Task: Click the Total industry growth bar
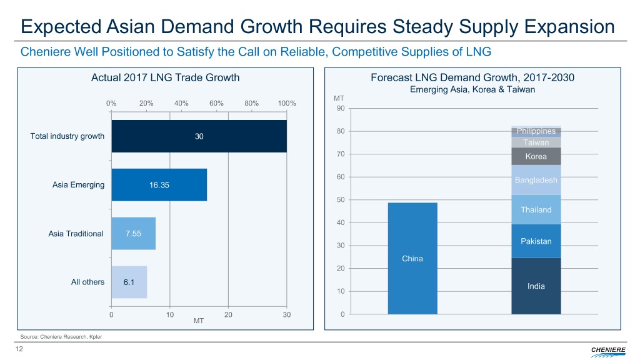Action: (x=199, y=136)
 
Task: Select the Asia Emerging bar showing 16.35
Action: (x=159, y=185)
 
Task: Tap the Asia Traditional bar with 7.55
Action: (x=133, y=234)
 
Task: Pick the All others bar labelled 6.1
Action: (x=129, y=282)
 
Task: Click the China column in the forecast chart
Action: (x=412, y=258)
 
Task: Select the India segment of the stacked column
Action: (x=536, y=286)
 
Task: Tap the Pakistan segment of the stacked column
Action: (x=536, y=241)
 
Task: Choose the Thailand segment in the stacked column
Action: (x=536, y=210)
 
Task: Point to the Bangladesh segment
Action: (x=536, y=180)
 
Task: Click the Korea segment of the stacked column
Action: (x=536, y=156)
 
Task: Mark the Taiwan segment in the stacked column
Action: (x=536, y=142)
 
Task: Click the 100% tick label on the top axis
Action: (x=286, y=104)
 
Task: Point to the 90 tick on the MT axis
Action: (x=340, y=109)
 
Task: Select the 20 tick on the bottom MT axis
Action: (x=228, y=314)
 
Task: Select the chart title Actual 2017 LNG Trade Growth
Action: (x=165, y=78)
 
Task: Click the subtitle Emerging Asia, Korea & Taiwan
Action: (x=472, y=89)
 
